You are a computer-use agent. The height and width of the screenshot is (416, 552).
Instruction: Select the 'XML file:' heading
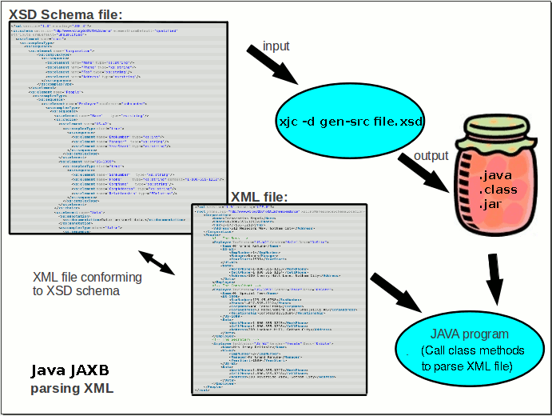(x=259, y=196)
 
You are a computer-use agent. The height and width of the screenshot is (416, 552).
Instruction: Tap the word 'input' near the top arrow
(x=276, y=46)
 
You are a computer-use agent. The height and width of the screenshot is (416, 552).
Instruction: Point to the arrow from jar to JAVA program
(x=496, y=279)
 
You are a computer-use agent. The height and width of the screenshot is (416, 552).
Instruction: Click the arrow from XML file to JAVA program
(x=396, y=294)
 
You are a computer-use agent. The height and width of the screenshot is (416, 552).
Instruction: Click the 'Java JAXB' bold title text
(x=69, y=371)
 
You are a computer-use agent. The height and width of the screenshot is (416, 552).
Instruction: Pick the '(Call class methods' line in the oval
(x=471, y=351)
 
